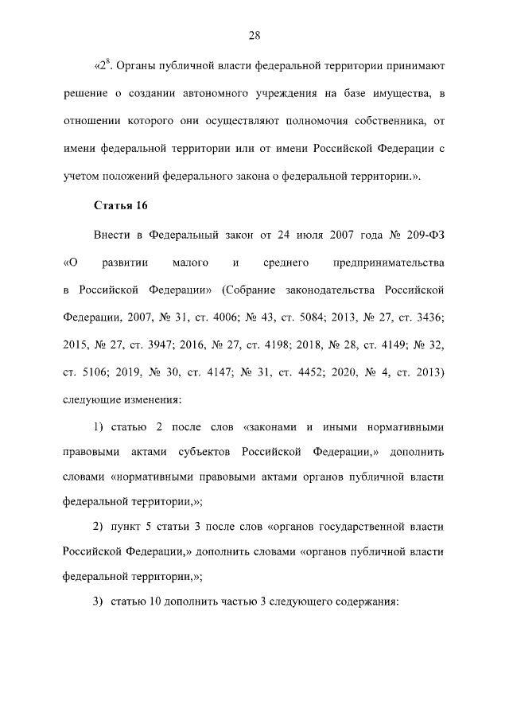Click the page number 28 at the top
254,35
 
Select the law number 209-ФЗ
426,234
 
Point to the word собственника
386,123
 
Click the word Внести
111,234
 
